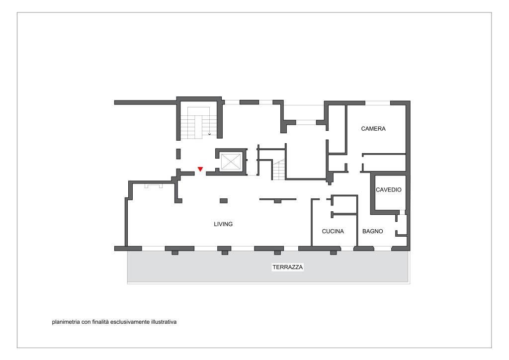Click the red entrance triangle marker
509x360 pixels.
pos(200,169)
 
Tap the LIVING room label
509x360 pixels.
pos(223,224)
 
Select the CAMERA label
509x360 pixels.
pos(373,129)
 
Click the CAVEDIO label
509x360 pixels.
pos(389,189)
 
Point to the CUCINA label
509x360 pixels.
pos(333,231)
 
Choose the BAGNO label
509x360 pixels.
pos(373,231)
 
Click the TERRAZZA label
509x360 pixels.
pos(288,267)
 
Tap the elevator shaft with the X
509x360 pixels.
pos(231,162)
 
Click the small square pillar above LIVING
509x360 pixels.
pos(224,200)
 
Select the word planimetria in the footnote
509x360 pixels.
pos(66,322)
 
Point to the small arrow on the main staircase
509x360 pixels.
pos(209,134)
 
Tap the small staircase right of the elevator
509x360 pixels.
pos(279,170)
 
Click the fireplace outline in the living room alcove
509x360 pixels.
pos(154,185)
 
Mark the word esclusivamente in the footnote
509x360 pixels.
pos(130,322)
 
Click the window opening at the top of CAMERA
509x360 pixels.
pos(378,103)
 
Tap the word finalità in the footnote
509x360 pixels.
pos(100,322)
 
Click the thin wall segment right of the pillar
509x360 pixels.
pos(277,199)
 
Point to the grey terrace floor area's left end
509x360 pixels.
pos(128,267)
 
